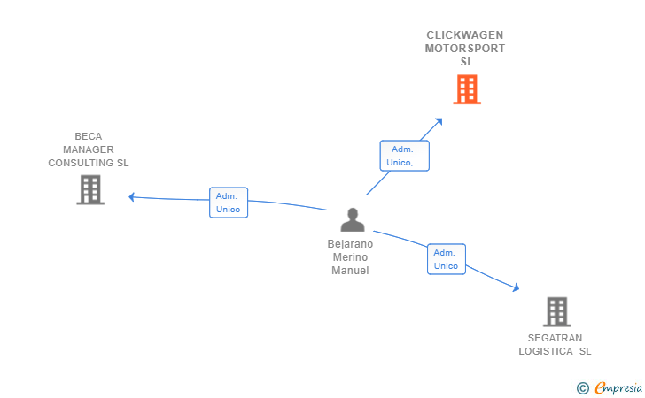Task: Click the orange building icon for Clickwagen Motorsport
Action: pyautogui.click(x=467, y=89)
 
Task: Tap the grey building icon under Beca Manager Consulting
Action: pyautogui.click(x=90, y=190)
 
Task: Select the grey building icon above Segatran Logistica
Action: pyautogui.click(x=557, y=311)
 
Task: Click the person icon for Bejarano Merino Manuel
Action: pyautogui.click(x=353, y=219)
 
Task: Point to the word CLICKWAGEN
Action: pyautogui.click(x=465, y=35)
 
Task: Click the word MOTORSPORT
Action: pyautogui.click(x=465, y=49)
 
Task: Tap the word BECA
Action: pyautogui.click(x=89, y=136)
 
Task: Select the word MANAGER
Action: pyautogui.click(x=89, y=149)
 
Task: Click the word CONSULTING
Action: pyautogui.click(x=82, y=163)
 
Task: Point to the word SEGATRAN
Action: pyautogui.click(x=555, y=338)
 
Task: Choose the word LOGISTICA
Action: pyautogui.click(x=546, y=352)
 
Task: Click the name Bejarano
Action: pyautogui.click(x=350, y=244)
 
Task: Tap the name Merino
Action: pyautogui.click(x=350, y=257)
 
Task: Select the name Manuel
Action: pyautogui.click(x=350, y=271)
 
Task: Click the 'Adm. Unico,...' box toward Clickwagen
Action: pyautogui.click(x=404, y=156)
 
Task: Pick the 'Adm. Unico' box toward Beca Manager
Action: pyautogui.click(x=229, y=203)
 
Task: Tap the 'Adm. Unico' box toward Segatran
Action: pyautogui.click(x=447, y=259)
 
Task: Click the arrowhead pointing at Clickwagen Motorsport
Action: pyautogui.click(x=439, y=121)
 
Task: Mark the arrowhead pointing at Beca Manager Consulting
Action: pyautogui.click(x=132, y=197)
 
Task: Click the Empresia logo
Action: pyautogui.click(x=610, y=387)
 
